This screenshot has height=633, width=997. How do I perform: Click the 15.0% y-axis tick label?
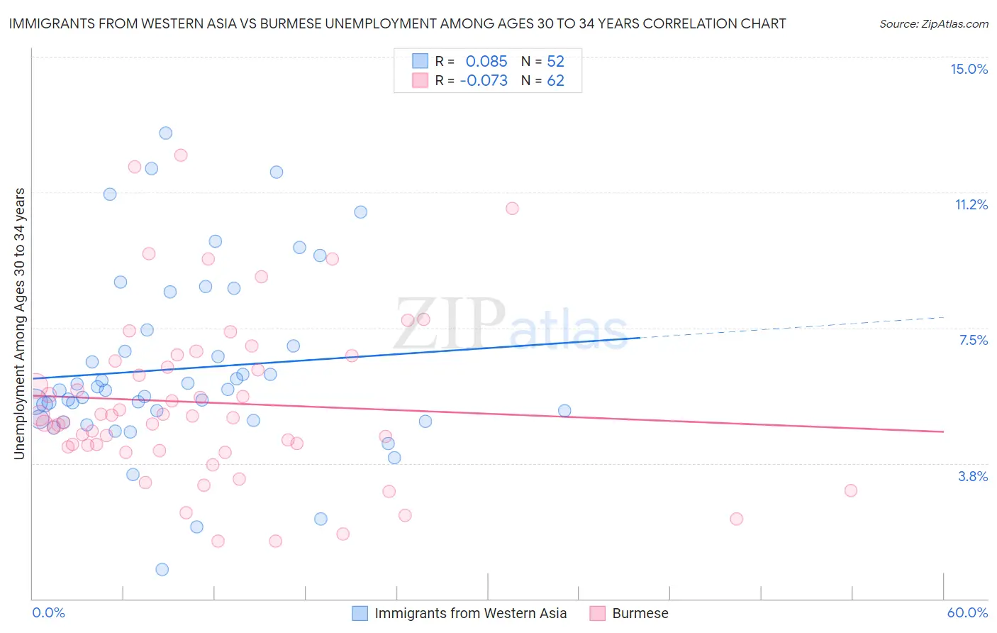point(969,69)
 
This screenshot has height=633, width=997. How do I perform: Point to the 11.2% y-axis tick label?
point(971,204)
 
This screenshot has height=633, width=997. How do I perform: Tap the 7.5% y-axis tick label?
point(973,340)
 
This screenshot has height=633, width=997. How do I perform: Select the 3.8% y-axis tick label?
point(973,476)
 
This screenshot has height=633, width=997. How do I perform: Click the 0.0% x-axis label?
point(48,612)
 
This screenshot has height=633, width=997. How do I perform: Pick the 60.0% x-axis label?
point(967,612)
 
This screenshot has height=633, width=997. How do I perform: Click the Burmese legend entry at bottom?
point(640,613)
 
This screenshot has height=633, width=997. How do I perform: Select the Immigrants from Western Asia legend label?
point(470,613)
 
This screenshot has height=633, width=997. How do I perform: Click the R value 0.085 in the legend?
point(486,62)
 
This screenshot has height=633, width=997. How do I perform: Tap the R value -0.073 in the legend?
point(484,81)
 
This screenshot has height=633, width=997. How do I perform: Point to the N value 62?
point(555,81)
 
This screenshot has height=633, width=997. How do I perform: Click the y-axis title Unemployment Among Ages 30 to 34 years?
point(20,324)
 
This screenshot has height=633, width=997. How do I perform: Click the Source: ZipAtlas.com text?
point(933,23)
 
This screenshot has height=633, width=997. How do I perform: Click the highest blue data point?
point(165,133)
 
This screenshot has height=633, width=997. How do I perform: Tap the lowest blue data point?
point(162,569)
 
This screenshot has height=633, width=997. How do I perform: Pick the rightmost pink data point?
point(850,490)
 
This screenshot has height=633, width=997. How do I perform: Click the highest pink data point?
point(181,155)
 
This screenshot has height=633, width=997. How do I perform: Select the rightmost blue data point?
point(564,410)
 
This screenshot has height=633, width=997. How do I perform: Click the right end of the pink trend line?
point(943,431)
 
